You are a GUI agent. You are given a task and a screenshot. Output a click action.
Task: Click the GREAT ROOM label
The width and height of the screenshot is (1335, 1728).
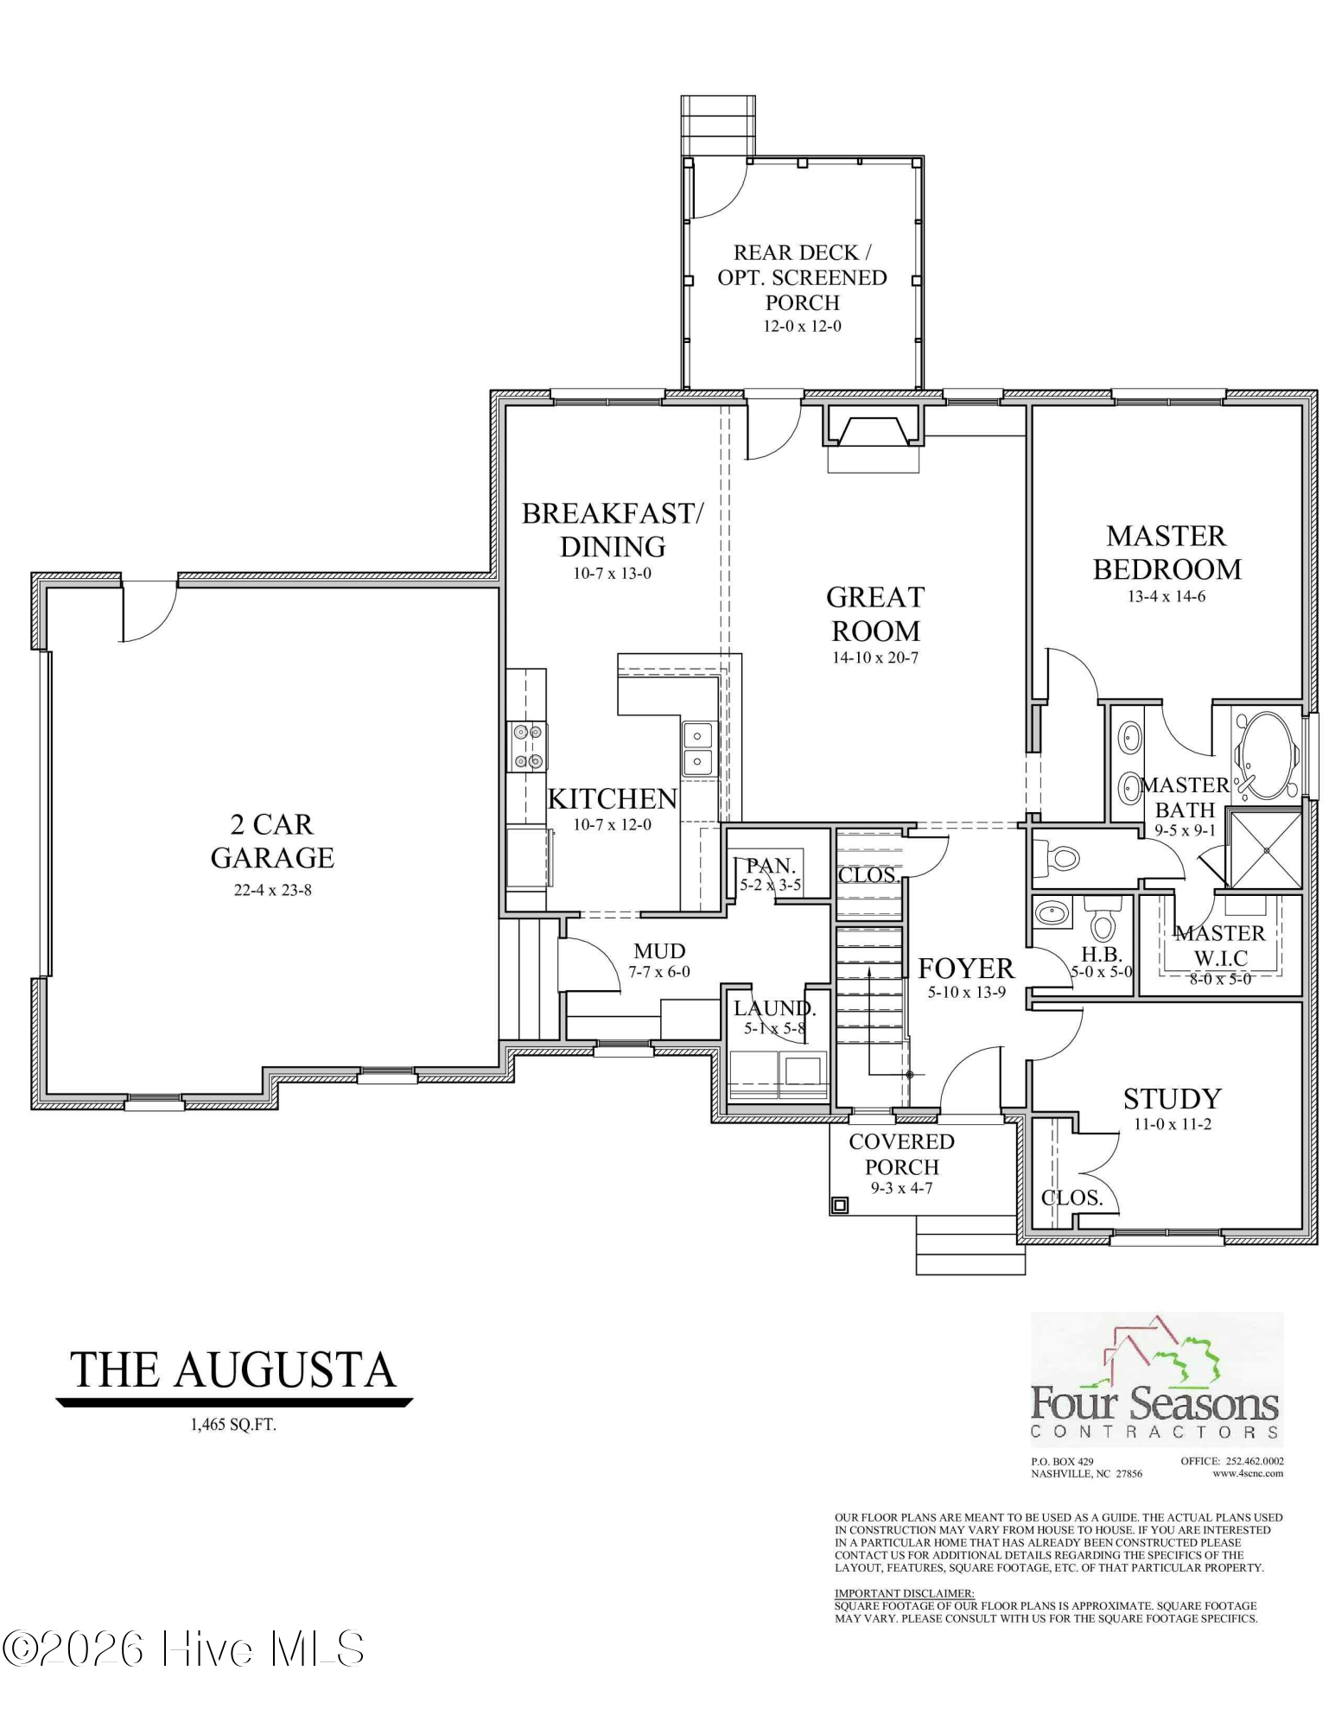pos(874,613)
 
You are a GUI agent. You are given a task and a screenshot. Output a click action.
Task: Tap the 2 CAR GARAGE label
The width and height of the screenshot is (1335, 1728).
pos(272,841)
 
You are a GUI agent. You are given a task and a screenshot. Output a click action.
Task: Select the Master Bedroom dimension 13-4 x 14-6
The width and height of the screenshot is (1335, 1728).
pos(1166,596)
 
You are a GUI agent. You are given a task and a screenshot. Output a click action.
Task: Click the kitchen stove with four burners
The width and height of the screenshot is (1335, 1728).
pos(527,746)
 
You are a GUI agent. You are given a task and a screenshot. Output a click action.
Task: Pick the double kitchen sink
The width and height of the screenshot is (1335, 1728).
pos(697,748)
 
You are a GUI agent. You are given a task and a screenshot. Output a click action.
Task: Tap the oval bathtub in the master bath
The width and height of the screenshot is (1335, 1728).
pos(1266,756)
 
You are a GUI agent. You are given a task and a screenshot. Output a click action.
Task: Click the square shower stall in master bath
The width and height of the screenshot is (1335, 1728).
pos(1266,849)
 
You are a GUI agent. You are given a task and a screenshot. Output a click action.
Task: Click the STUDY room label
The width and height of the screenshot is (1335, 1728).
pos(1172,1099)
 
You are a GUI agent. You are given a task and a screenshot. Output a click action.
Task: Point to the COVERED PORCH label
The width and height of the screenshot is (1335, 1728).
pos(901,1154)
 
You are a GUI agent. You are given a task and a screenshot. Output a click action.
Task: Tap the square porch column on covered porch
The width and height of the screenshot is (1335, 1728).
pos(840,1204)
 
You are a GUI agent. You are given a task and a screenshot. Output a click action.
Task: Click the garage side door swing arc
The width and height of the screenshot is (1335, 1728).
pos(149,615)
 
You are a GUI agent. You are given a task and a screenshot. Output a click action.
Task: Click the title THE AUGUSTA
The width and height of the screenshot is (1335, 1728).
pos(232,1371)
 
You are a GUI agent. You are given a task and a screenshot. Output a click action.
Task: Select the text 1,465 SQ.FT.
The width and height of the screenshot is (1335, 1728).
pos(233,1426)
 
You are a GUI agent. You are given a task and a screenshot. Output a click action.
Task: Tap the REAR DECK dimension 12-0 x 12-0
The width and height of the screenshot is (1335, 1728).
pos(802,327)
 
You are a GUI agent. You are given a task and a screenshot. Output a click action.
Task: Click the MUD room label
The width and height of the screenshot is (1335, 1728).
pos(659,951)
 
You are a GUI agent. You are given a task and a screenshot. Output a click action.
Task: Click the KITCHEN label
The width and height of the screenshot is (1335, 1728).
pos(612,798)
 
